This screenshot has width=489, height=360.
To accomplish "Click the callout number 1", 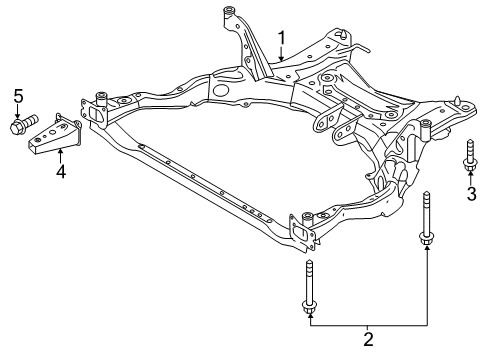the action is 282,38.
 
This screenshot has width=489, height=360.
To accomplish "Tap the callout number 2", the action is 368,339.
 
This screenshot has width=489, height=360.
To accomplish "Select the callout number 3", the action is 471,194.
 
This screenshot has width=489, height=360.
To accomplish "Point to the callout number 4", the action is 61,171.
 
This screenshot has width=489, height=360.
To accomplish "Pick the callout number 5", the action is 18,96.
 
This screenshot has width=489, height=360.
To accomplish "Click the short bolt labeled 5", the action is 24,123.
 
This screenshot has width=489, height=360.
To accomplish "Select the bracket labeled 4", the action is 55,134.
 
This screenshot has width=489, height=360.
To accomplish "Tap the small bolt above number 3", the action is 470,156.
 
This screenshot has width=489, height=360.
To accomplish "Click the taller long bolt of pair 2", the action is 426,220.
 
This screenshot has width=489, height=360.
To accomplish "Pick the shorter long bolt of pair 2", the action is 309,287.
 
